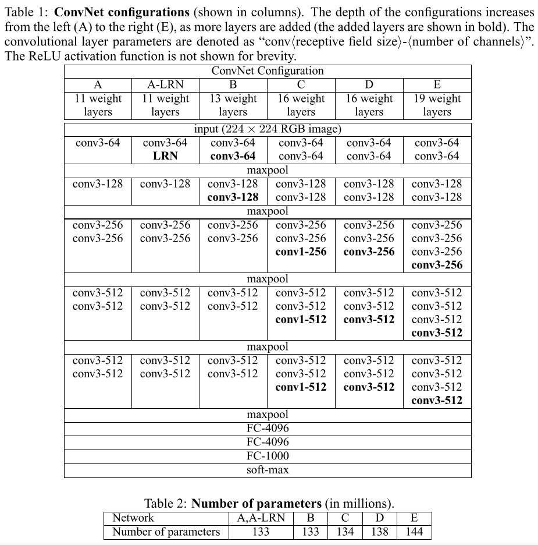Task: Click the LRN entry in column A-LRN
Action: pos(165,156)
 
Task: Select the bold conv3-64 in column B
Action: pos(233,156)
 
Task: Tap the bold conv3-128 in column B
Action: pos(233,197)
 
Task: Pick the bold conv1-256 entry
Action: pos(301,252)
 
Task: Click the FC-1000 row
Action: pos(268,456)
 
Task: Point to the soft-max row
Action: pos(268,470)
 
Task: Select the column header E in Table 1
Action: pos(437,85)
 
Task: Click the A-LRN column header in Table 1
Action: pos(165,85)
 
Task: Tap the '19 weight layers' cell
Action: pos(437,105)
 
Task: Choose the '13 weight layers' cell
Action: pos(233,105)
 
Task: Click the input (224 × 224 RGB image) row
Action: pos(268,129)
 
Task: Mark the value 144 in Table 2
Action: pos(414,531)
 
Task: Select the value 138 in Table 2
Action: pos(379,531)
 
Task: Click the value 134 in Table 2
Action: pos(345,531)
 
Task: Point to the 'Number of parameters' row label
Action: pos(166,531)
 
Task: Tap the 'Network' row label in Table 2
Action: pos(133,518)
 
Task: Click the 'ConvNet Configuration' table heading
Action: pos(268,71)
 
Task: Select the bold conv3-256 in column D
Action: pos(369,252)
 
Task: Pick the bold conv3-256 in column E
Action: pos(437,265)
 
